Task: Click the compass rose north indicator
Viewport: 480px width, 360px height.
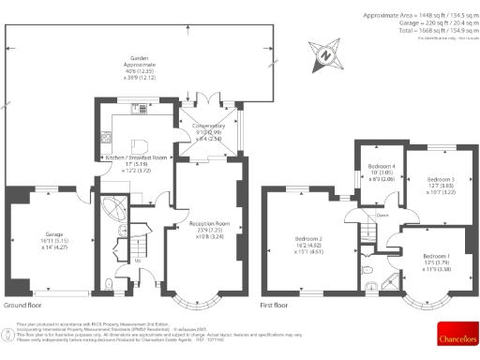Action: (x=326, y=54)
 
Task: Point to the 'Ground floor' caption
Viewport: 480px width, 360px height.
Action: (x=23, y=306)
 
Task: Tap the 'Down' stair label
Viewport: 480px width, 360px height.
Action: (x=382, y=215)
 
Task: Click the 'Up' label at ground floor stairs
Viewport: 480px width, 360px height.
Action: (x=138, y=260)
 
